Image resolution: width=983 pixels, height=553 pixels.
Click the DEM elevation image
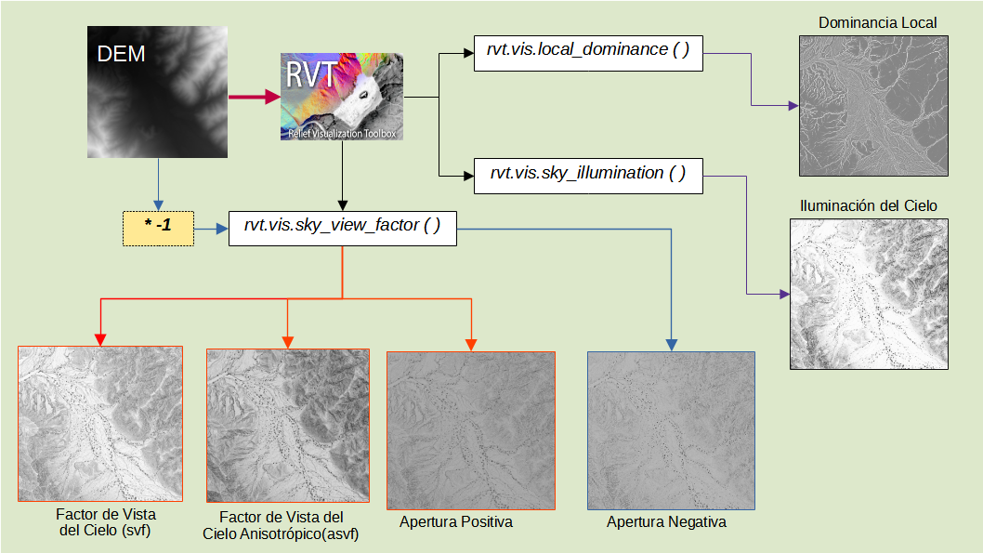pyautogui.click(x=157, y=93)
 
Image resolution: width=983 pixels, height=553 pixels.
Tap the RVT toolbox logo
pyautogui.click(x=342, y=97)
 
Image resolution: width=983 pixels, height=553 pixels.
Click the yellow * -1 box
pyautogui.click(x=157, y=228)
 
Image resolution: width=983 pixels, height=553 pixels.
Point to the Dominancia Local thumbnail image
pyautogui.click(x=873, y=106)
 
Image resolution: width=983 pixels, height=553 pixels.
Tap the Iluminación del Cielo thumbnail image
pyautogui.click(x=869, y=294)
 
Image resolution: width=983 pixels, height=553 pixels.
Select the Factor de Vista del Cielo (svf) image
pyautogui.click(x=100, y=424)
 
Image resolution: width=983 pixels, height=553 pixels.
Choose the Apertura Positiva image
pyautogui.click(x=471, y=430)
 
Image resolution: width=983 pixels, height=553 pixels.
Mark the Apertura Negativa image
pyautogui.click(x=671, y=430)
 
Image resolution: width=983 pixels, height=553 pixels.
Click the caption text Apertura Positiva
pyautogui.click(x=456, y=522)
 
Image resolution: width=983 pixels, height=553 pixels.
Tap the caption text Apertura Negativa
pyautogui.click(x=666, y=522)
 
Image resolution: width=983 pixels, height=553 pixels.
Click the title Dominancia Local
pyautogui.click(x=877, y=22)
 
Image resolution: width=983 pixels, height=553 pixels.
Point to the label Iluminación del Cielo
pyautogui.click(x=869, y=205)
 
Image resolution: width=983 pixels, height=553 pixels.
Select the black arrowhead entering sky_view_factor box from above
pyautogui.click(x=343, y=204)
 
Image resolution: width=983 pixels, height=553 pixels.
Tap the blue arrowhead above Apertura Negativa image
pyautogui.click(x=671, y=345)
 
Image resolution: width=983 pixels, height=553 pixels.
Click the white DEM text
pyautogui.click(x=122, y=54)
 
